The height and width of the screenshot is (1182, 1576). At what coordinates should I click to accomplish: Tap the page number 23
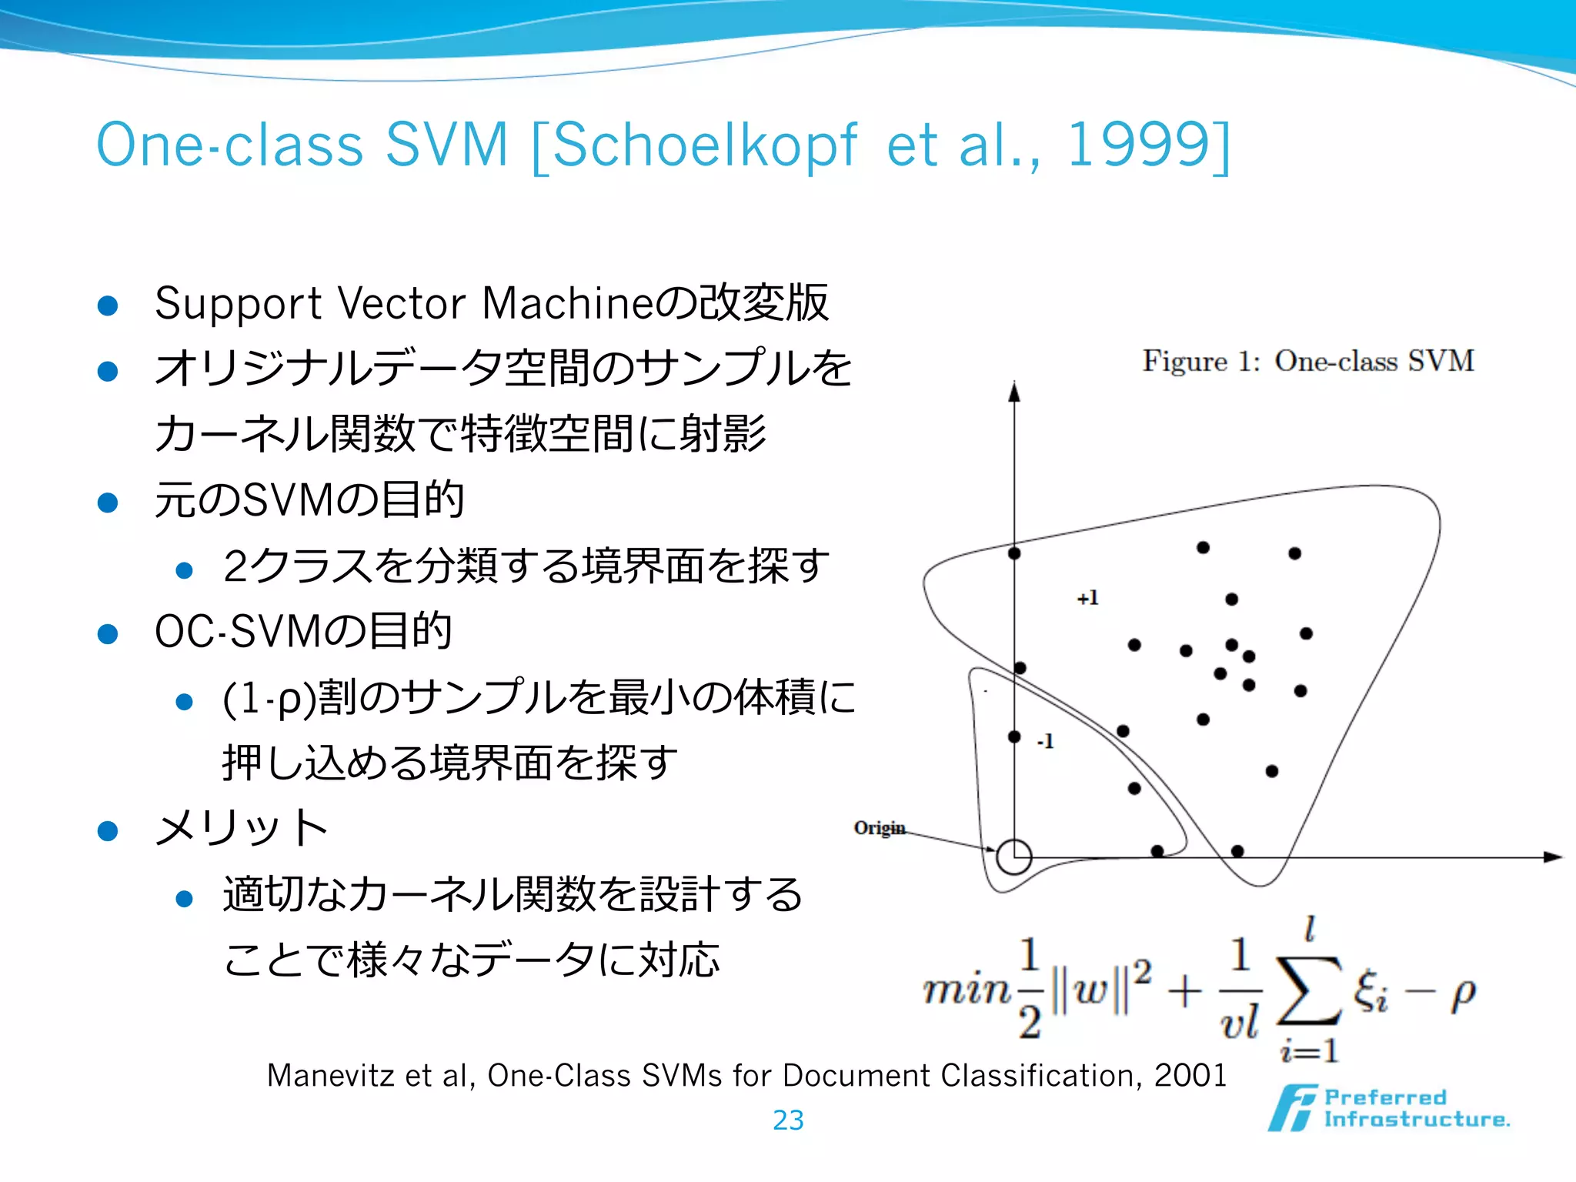pyautogui.click(x=788, y=1120)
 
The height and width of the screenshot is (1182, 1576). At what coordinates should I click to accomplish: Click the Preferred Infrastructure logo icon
pyautogui.click(x=1293, y=1108)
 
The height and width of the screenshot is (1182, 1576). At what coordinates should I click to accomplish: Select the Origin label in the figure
pyautogui.click(x=879, y=828)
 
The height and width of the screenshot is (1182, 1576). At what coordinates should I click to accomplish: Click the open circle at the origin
pyautogui.click(x=1013, y=856)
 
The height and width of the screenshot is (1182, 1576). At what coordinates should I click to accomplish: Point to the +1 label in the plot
pyautogui.click(x=1087, y=598)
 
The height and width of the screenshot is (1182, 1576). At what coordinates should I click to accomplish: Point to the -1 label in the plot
pyautogui.click(x=1045, y=741)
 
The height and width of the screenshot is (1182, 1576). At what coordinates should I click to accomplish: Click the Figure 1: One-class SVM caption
pyautogui.click(x=1307, y=361)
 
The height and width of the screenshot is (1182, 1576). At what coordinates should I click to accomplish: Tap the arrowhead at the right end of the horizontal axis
pyautogui.click(x=1553, y=856)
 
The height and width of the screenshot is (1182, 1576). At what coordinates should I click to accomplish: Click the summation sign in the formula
pyautogui.click(x=1309, y=990)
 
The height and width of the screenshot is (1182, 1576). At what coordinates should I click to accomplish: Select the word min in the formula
pyautogui.click(x=966, y=990)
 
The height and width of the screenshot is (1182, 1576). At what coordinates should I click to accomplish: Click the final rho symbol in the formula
pyautogui.click(x=1463, y=994)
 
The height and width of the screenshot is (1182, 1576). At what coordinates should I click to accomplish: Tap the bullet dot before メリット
pyautogui.click(x=108, y=831)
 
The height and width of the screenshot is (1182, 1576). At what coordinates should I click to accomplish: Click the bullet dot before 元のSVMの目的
pyautogui.click(x=108, y=503)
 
